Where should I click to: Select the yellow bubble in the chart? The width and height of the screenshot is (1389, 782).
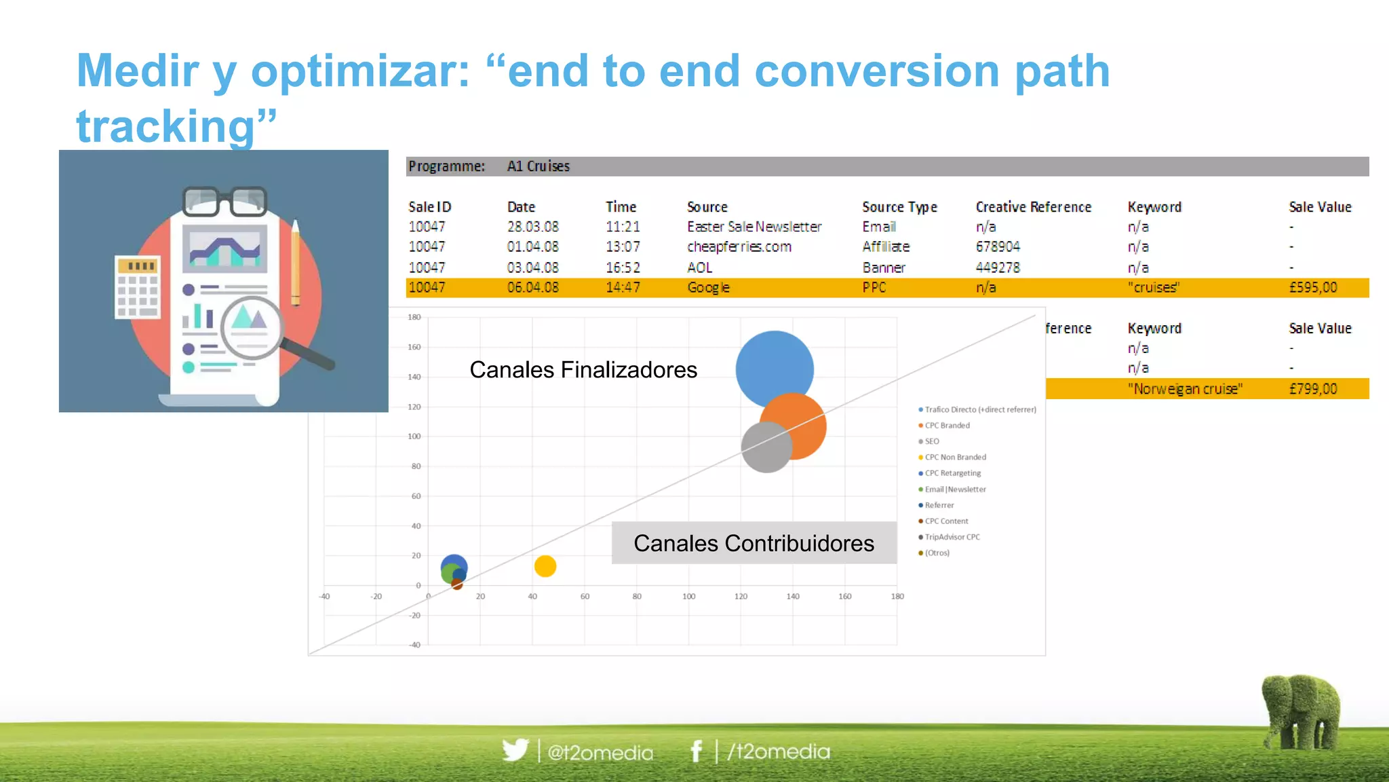pyautogui.click(x=545, y=566)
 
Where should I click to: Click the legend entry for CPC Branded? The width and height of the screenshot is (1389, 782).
pyautogui.click(x=947, y=426)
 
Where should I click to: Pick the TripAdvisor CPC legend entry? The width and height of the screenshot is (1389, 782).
pyautogui.click(x=952, y=537)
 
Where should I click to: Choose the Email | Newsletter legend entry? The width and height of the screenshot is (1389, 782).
pyautogui.click(x=955, y=489)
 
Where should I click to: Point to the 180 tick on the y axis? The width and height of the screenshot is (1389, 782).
pyautogui.click(x=414, y=317)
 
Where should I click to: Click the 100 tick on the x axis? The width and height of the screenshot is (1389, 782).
pyautogui.click(x=688, y=597)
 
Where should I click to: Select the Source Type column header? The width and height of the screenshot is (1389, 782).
pyautogui.click(x=899, y=207)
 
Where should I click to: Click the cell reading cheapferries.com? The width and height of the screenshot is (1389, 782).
pyautogui.click(x=739, y=247)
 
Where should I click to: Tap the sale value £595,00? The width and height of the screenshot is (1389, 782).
pyautogui.click(x=1312, y=288)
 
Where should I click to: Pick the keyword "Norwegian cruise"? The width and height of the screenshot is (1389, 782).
pyautogui.click(x=1184, y=389)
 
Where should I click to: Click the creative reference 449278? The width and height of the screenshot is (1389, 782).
pyautogui.click(x=998, y=267)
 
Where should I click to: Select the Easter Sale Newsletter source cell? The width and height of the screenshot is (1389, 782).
pyautogui.click(x=754, y=227)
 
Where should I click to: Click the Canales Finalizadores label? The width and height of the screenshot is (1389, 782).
pyautogui.click(x=583, y=370)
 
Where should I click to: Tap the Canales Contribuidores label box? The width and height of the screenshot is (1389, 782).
pyautogui.click(x=754, y=543)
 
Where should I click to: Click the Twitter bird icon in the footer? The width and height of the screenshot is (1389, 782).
pyautogui.click(x=515, y=750)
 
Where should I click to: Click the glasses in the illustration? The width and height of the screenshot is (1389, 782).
pyautogui.click(x=224, y=200)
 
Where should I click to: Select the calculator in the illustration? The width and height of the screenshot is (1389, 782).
pyautogui.click(x=138, y=286)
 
